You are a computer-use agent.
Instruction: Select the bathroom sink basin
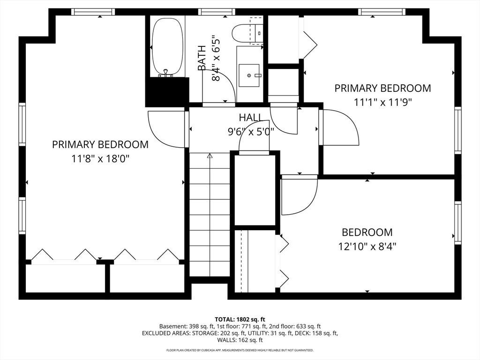tap(249, 75)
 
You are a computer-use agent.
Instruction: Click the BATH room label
tap(202, 58)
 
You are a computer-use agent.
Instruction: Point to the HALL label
tap(250, 117)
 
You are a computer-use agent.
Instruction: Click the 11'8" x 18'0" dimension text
tap(100, 159)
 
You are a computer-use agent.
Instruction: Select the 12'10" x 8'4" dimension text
tap(367, 246)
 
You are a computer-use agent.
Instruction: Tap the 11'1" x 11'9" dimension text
tap(382, 102)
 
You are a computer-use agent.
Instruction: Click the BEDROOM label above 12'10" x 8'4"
tap(367, 232)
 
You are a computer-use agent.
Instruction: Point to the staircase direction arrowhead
tap(210, 156)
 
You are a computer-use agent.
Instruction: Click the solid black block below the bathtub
tap(167, 92)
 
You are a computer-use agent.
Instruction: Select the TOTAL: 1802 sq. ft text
tap(240, 320)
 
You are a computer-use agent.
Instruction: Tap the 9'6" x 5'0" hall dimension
tap(251, 132)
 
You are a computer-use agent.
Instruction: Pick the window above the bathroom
tap(217, 12)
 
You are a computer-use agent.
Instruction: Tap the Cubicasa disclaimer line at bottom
tap(240, 350)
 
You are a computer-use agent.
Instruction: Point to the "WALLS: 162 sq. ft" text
tap(240, 340)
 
